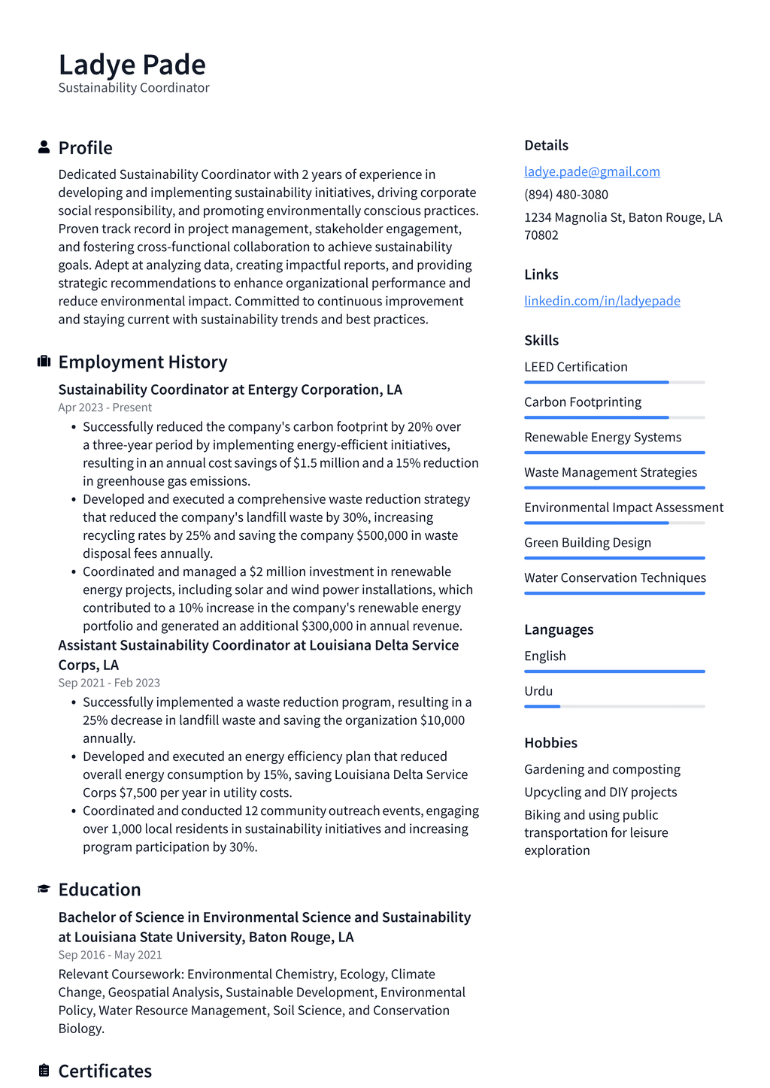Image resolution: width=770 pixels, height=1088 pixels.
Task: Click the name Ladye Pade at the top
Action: pyautogui.click(x=132, y=65)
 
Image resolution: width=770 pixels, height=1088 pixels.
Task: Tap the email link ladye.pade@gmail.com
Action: pyautogui.click(x=592, y=171)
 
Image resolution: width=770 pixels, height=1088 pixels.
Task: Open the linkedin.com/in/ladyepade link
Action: pyautogui.click(x=602, y=301)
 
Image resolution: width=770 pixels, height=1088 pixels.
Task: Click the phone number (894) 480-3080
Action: pyautogui.click(x=565, y=194)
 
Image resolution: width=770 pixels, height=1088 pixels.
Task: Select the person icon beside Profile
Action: pyautogui.click(x=44, y=147)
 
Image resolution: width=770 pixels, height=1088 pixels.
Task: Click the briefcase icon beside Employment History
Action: pyautogui.click(x=44, y=362)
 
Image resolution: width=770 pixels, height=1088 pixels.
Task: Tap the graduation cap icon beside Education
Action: pyautogui.click(x=44, y=889)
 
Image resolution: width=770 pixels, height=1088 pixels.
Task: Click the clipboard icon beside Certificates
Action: pyautogui.click(x=44, y=1070)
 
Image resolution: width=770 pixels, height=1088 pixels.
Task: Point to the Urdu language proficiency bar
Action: pyautogui.click(x=614, y=707)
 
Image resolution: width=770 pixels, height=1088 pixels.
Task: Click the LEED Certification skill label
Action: pyautogui.click(x=575, y=367)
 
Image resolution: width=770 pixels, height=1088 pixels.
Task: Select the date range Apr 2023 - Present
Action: pyautogui.click(x=105, y=408)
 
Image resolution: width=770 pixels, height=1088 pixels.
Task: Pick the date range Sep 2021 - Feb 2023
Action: pyautogui.click(x=109, y=683)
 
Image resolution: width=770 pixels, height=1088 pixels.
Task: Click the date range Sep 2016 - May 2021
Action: pyautogui.click(x=110, y=955)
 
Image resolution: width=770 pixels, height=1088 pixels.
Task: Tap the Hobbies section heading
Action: pyautogui.click(x=550, y=743)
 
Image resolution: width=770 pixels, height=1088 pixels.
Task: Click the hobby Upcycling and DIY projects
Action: pyautogui.click(x=600, y=792)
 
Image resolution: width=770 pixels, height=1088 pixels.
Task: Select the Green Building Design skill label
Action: pyautogui.click(x=587, y=543)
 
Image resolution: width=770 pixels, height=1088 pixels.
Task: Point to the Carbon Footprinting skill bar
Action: pyautogui.click(x=614, y=417)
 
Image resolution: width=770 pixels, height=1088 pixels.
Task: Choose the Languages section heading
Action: pyautogui.click(x=559, y=629)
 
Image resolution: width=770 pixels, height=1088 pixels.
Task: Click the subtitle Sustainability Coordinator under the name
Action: pyautogui.click(x=134, y=88)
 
